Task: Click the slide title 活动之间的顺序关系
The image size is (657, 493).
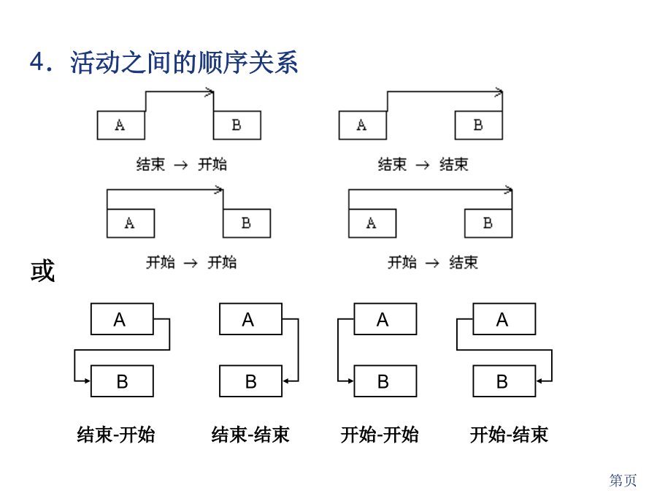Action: (x=184, y=63)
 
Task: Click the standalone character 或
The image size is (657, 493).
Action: (x=42, y=270)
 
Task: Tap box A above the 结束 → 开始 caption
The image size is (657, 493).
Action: (x=120, y=125)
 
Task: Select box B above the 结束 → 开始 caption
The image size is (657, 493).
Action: (x=237, y=125)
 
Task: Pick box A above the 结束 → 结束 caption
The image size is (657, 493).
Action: (x=362, y=125)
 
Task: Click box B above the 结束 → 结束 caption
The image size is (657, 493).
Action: (x=478, y=125)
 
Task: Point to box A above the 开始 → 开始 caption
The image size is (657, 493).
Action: (x=131, y=223)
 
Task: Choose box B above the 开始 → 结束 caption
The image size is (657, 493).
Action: (x=488, y=223)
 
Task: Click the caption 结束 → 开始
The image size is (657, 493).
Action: (x=182, y=164)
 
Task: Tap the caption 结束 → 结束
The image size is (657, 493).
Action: (x=423, y=164)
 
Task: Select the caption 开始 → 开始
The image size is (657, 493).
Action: (x=191, y=262)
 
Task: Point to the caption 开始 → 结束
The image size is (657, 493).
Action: (x=433, y=262)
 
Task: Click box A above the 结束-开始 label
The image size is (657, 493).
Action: (x=122, y=319)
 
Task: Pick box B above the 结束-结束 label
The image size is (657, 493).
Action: (x=250, y=381)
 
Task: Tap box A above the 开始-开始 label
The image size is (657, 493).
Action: (x=385, y=319)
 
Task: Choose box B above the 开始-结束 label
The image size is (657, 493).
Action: (x=504, y=381)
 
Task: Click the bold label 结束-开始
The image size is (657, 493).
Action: (x=116, y=435)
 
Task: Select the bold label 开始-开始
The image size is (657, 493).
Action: (x=380, y=435)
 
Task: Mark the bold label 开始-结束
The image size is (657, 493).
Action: (x=509, y=435)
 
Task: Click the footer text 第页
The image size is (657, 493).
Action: (x=623, y=480)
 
